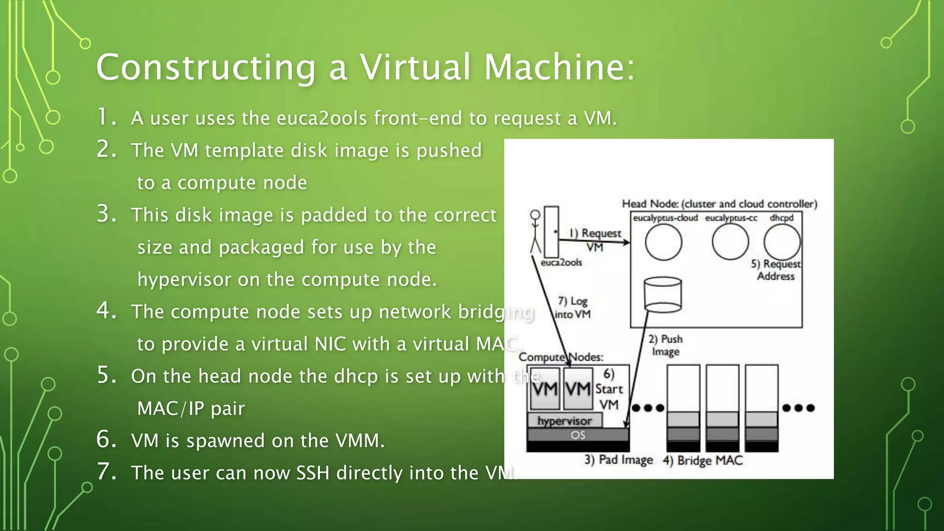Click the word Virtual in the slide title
415,67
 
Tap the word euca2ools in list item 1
321,118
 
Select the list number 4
106,310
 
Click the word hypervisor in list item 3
184,280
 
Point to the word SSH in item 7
313,473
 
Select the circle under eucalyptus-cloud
663,242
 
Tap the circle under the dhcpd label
782,242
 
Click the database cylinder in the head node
662,295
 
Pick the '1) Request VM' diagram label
596,239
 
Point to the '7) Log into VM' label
572,307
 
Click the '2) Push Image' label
665,345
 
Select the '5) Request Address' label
776,270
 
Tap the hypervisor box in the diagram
565,420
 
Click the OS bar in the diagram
578,435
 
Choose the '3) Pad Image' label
619,460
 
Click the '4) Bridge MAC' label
702,460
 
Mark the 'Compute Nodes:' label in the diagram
560,357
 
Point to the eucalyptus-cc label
731,218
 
